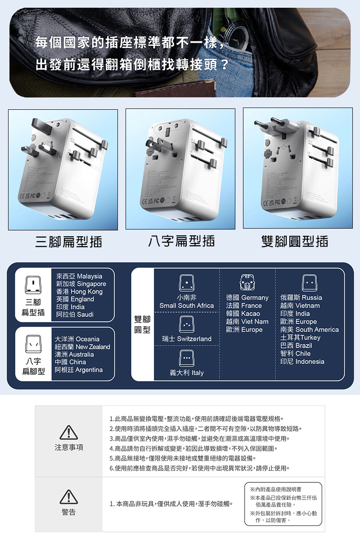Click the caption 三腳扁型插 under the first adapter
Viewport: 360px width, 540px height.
68,242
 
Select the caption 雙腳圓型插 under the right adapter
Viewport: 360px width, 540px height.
295,242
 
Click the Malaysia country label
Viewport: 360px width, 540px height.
79,276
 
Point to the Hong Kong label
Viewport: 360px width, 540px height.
79,292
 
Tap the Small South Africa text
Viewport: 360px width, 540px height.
186,306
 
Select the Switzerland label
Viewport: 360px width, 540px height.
187,338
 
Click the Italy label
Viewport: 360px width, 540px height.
186,373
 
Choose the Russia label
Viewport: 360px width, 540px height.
301,297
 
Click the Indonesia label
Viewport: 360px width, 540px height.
302,361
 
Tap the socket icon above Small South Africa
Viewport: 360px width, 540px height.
186,283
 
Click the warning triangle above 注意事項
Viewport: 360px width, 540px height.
68,432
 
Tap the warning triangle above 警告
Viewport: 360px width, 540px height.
68,497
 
